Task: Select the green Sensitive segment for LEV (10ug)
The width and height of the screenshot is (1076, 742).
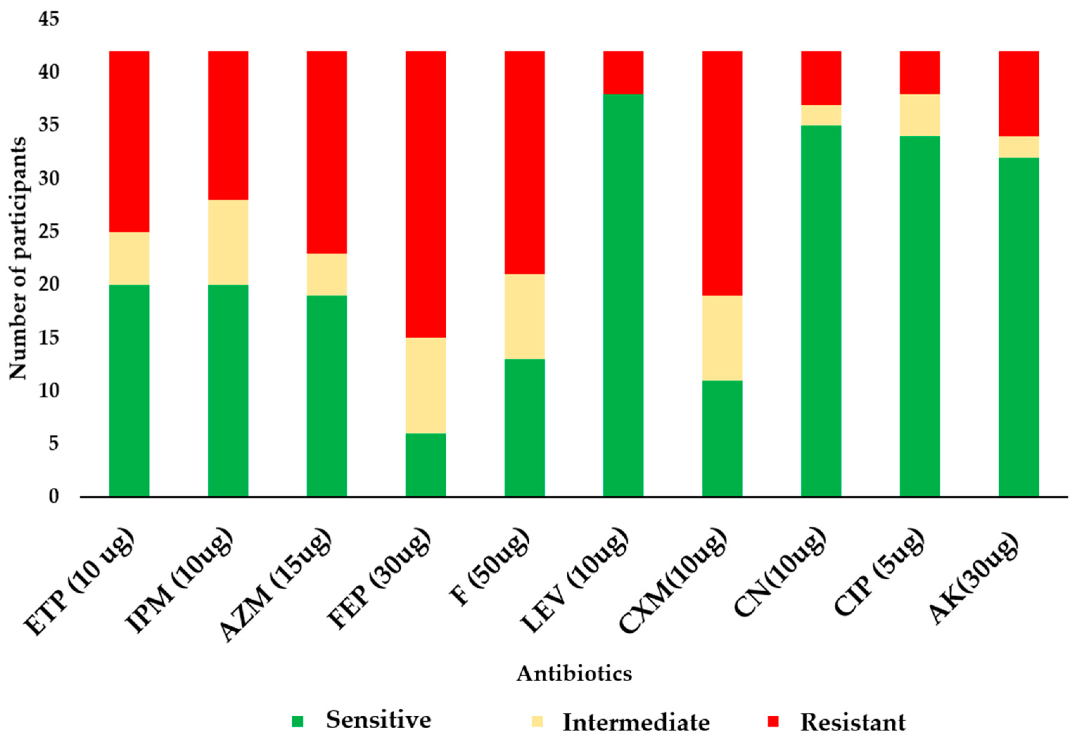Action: pos(623,295)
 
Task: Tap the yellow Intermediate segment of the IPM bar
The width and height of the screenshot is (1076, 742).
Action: pos(228,242)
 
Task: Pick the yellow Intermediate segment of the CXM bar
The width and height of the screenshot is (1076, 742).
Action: pos(722,338)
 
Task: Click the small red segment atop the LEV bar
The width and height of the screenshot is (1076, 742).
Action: pos(623,72)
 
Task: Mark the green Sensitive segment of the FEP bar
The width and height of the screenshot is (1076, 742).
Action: pos(425,464)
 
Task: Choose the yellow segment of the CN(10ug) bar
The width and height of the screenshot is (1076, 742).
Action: pos(821,115)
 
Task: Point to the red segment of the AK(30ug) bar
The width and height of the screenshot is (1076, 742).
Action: pos(1019,93)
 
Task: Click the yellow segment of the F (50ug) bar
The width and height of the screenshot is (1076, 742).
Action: pos(524,316)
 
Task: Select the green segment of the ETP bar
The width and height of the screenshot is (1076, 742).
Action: pos(129,391)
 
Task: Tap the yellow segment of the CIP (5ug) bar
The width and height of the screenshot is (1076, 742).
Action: pos(919,115)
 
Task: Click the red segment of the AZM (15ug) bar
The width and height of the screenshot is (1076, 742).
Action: pos(327,152)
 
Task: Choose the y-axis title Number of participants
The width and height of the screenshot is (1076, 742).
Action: pos(18,258)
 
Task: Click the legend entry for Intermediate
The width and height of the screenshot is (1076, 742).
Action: pos(635,722)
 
